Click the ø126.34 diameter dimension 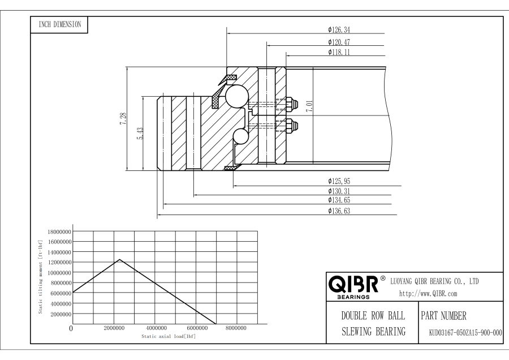click(339, 30)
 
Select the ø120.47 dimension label click(339, 42)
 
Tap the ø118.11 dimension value click(339, 52)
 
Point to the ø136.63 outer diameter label click(339, 211)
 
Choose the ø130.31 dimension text click(339, 191)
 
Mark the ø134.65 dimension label click(339, 200)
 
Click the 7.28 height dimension click(123, 119)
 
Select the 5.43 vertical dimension click(140, 133)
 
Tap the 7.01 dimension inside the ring click(309, 106)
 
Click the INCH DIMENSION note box click(59, 25)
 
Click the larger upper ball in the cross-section click(236, 96)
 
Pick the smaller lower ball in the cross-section click(240, 136)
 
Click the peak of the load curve click(120, 259)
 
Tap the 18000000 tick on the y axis click(59, 232)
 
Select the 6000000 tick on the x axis click(197, 328)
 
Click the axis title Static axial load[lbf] click(169, 336)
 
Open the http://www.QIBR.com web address click(428, 294)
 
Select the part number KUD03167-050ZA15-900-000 click(465, 333)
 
